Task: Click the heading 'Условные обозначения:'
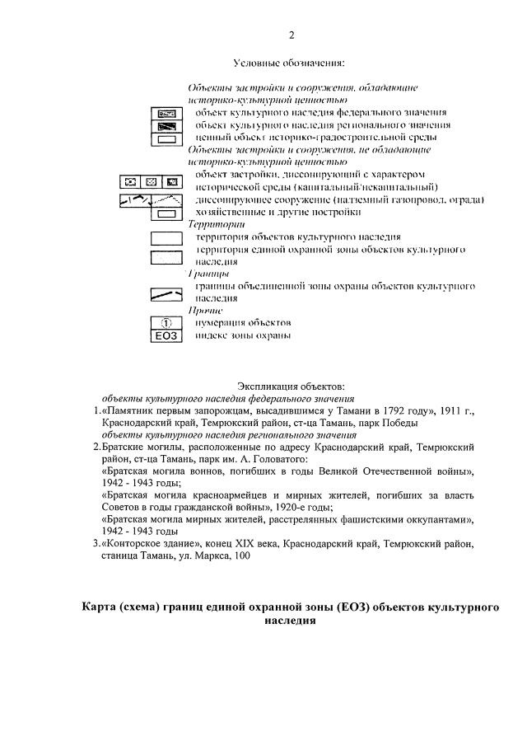coord(288,62)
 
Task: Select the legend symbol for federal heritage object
coord(167,112)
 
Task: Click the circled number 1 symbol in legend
coord(166,323)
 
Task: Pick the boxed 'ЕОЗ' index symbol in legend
coord(166,335)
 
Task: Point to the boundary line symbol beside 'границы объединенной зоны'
coord(166,293)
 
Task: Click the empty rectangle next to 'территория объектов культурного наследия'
coord(166,238)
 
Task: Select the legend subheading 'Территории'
coord(211,224)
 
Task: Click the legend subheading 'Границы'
coord(208,273)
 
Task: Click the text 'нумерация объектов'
coord(243,323)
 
